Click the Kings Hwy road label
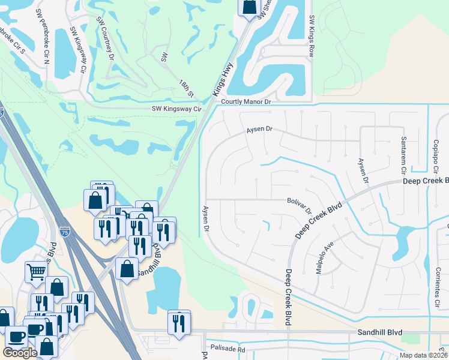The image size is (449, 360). click(x=222, y=82)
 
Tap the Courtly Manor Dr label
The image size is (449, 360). click(x=246, y=103)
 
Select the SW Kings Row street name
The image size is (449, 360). click(x=312, y=37)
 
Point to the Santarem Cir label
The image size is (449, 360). click(x=403, y=152)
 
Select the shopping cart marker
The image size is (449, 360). click(x=35, y=272)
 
